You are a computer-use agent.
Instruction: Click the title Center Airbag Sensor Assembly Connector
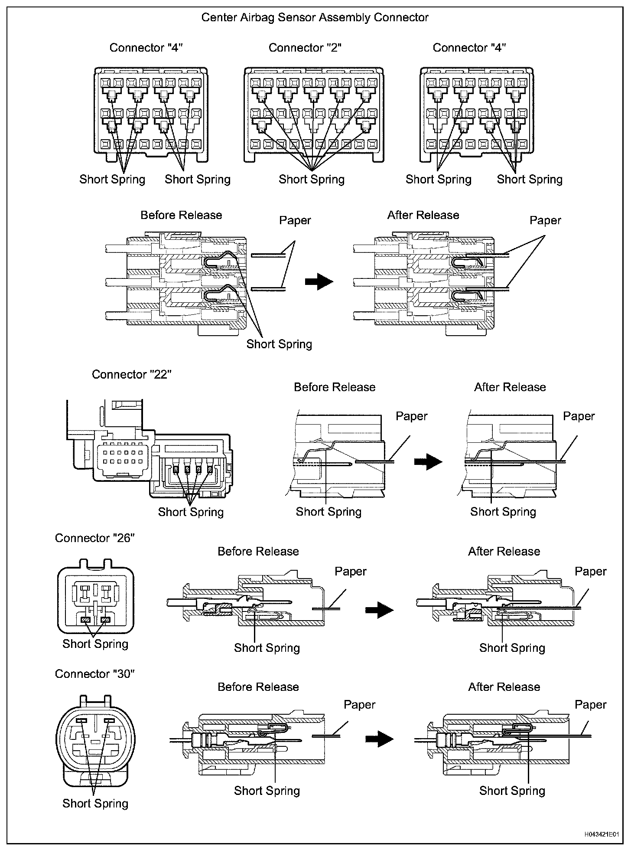tap(315, 18)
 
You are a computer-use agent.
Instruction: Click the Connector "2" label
tap(305, 48)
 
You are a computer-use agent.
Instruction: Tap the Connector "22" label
tap(132, 374)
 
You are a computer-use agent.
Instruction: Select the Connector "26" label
tap(95, 538)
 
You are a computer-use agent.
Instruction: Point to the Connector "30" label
tap(95, 674)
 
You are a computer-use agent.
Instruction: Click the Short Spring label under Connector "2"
tap(312, 180)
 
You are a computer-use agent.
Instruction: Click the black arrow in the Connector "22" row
tap(428, 461)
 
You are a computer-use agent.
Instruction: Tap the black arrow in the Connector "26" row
tap(379, 610)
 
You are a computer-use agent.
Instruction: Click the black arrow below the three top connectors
tap(319, 281)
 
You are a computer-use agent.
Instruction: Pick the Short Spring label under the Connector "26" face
tap(95, 644)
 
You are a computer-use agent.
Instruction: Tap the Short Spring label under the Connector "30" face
tap(95, 803)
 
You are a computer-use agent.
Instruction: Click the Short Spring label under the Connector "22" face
tap(191, 512)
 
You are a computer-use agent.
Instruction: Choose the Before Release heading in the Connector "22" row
tap(335, 387)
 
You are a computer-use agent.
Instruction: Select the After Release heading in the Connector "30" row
tap(504, 687)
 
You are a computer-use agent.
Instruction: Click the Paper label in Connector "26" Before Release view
tap(351, 572)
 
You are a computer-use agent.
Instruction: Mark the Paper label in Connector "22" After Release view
tap(579, 416)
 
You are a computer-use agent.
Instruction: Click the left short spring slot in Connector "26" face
tap(85, 621)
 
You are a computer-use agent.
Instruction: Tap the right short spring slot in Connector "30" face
tap(108, 720)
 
